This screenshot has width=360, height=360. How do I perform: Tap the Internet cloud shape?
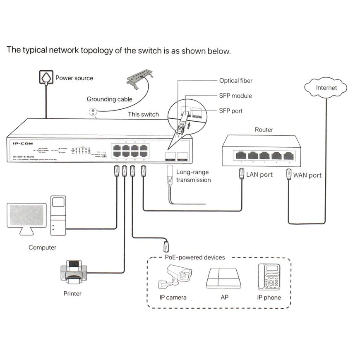click(x=326, y=88)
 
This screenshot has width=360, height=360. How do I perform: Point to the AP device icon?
click(x=223, y=278)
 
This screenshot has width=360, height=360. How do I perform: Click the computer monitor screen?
click(x=26, y=215)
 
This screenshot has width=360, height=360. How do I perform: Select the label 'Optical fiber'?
click(x=235, y=81)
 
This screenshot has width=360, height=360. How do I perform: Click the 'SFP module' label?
click(x=235, y=96)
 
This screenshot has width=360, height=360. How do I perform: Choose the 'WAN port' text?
click(x=307, y=175)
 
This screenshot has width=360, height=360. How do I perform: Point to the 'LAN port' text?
click(x=259, y=175)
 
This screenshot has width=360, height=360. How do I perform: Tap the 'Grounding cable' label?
click(x=109, y=99)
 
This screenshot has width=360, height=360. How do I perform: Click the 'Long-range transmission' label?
click(x=193, y=176)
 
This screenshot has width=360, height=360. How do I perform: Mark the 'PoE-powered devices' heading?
click(x=195, y=257)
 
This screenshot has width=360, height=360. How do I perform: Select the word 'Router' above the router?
click(x=264, y=130)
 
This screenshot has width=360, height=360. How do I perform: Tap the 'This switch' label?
click(x=143, y=114)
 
